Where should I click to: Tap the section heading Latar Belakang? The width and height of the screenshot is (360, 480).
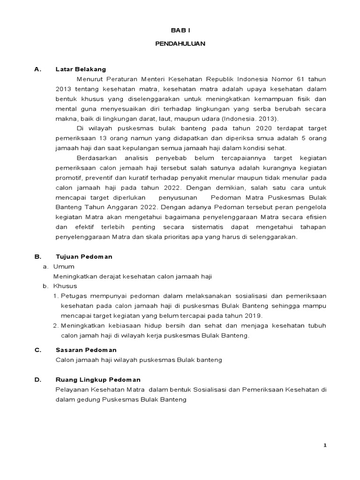[81, 69]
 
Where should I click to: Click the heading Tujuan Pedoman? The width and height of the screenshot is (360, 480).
[84, 257]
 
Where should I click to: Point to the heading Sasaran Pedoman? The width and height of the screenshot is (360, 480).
[86, 350]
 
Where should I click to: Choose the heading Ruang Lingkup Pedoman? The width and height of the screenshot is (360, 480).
[97, 379]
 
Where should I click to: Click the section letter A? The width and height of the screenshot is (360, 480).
[37, 69]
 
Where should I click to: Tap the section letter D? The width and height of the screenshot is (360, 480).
[37, 379]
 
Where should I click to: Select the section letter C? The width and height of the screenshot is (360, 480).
[37, 350]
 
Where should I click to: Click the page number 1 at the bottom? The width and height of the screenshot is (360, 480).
[324, 445]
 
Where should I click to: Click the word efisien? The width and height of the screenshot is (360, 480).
[315, 217]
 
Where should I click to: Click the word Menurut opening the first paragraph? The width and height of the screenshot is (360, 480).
[89, 79]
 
